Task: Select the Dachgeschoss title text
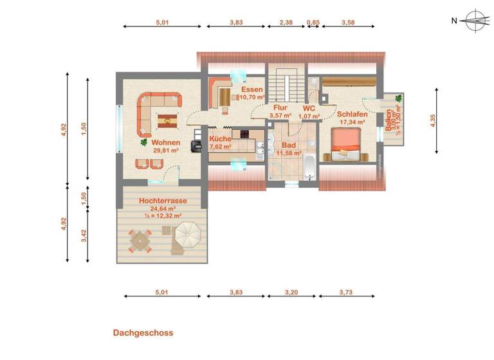coord(143,333)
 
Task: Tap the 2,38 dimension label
coord(287,22)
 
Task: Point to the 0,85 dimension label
coord(313,22)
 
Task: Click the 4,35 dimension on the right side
coord(433,121)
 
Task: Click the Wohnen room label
coord(166,143)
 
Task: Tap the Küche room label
coord(221,139)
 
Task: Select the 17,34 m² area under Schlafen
coord(351,122)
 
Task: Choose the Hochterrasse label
coord(163,201)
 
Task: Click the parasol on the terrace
coord(187,233)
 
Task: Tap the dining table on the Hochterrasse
coord(140,242)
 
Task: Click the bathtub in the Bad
coord(309,168)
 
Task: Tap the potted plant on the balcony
coord(399,98)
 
